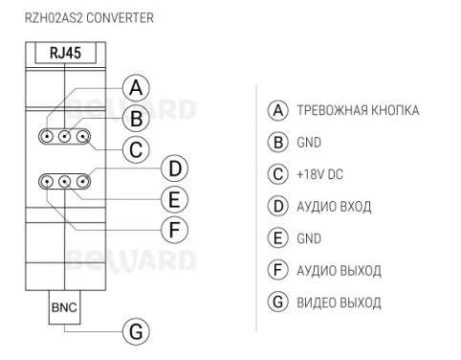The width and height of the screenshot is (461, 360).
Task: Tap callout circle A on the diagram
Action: pyautogui.click(x=136, y=87)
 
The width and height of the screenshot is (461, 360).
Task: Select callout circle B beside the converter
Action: pyautogui.click(x=136, y=119)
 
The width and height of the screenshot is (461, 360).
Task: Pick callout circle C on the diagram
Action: pyautogui.click(x=136, y=149)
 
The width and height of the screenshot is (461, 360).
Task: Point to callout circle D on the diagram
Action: pyautogui.click(x=175, y=169)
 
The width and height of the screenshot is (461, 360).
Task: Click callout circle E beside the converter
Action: pyautogui.click(x=175, y=199)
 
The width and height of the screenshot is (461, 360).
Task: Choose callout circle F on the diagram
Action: pyautogui.click(x=175, y=230)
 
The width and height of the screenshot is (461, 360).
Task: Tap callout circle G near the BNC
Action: pyautogui.click(x=136, y=331)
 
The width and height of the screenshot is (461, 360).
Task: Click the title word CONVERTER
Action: pyautogui.click(x=120, y=18)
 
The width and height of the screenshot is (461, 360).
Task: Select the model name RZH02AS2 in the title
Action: pyautogui.click(x=54, y=18)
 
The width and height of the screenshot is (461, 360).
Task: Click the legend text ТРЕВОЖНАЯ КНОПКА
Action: pyautogui.click(x=358, y=110)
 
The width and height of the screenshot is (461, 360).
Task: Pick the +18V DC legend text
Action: pyautogui.click(x=319, y=174)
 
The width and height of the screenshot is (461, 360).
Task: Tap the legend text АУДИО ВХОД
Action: pyautogui.click(x=334, y=207)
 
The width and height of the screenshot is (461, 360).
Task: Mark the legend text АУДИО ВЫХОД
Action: pyautogui.click(x=339, y=271)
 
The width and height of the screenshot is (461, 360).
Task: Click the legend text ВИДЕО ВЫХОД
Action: pyautogui.click(x=339, y=303)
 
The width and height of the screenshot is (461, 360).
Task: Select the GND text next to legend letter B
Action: pyautogui.click(x=309, y=143)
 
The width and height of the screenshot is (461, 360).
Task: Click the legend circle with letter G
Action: pyautogui.click(x=278, y=302)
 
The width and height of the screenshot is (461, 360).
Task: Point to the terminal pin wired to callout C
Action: pyautogui.click(x=83, y=137)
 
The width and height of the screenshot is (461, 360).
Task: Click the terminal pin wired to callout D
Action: pyautogui.click(x=83, y=182)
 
